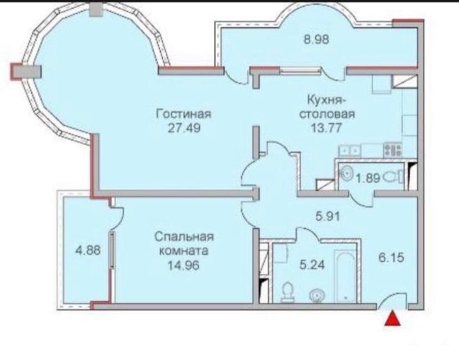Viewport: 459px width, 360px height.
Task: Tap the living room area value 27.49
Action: (x=184, y=128)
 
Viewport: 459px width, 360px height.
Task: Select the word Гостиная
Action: (x=183, y=114)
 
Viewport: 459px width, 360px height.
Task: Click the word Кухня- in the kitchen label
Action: (x=325, y=100)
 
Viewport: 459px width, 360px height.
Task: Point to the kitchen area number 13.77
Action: (x=326, y=128)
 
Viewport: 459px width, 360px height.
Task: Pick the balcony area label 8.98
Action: (x=317, y=39)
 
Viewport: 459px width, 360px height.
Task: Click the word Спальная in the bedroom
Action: (x=184, y=237)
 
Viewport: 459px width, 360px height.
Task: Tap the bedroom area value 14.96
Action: (x=183, y=265)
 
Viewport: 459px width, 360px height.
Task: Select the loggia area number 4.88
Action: (x=88, y=251)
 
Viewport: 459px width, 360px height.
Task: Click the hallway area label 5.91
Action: (x=328, y=216)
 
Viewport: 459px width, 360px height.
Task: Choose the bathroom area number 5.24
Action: (x=312, y=265)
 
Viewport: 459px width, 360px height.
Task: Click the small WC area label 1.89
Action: (x=368, y=178)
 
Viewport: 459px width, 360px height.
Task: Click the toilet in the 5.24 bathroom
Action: (x=288, y=292)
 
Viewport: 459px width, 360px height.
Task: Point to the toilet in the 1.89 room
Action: (x=394, y=177)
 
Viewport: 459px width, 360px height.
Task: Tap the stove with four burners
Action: (x=393, y=150)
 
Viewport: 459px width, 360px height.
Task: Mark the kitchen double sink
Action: (x=350, y=150)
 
